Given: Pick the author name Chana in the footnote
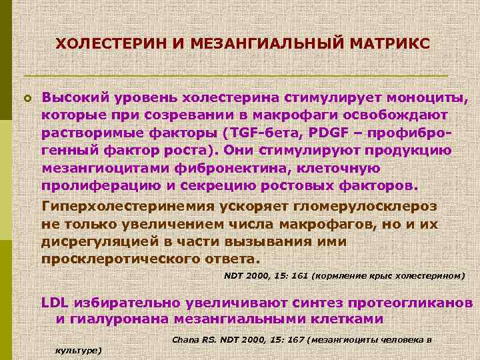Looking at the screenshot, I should point(185,339).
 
